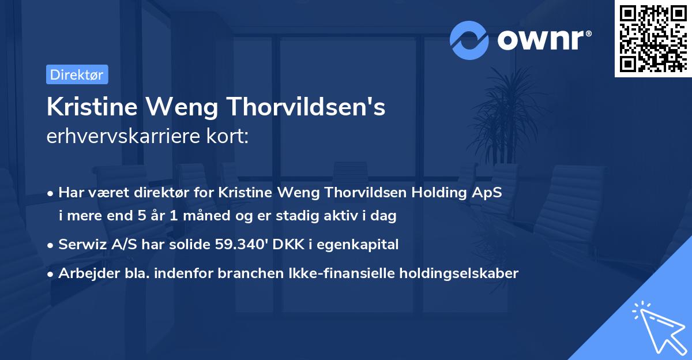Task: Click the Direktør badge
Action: coord(77,74)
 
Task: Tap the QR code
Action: coord(652,38)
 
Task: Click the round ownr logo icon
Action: coord(470,40)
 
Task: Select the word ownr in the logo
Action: coord(541,40)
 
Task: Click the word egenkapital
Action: coord(360,245)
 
